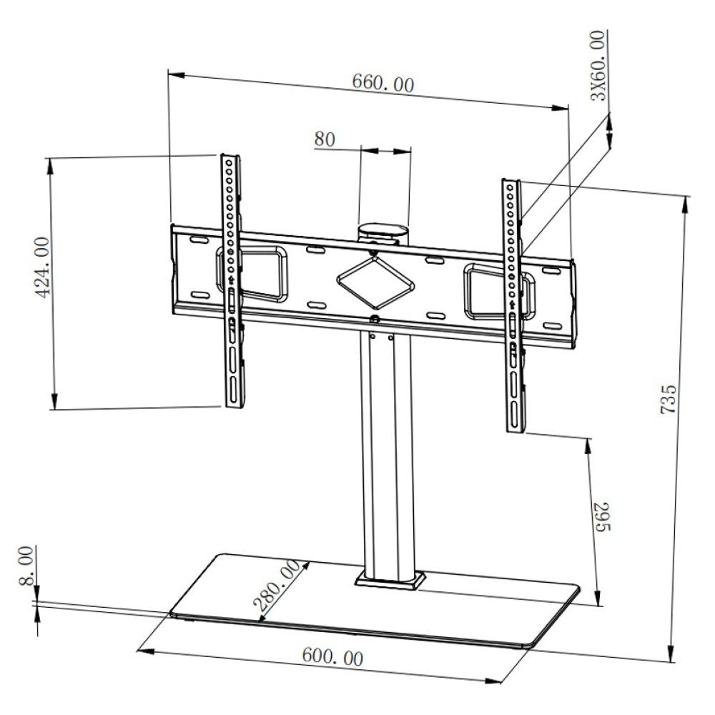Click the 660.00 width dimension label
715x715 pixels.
382,83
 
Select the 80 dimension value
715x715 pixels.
324,139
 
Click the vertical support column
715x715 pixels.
386,450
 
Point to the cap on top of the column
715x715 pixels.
383,232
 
